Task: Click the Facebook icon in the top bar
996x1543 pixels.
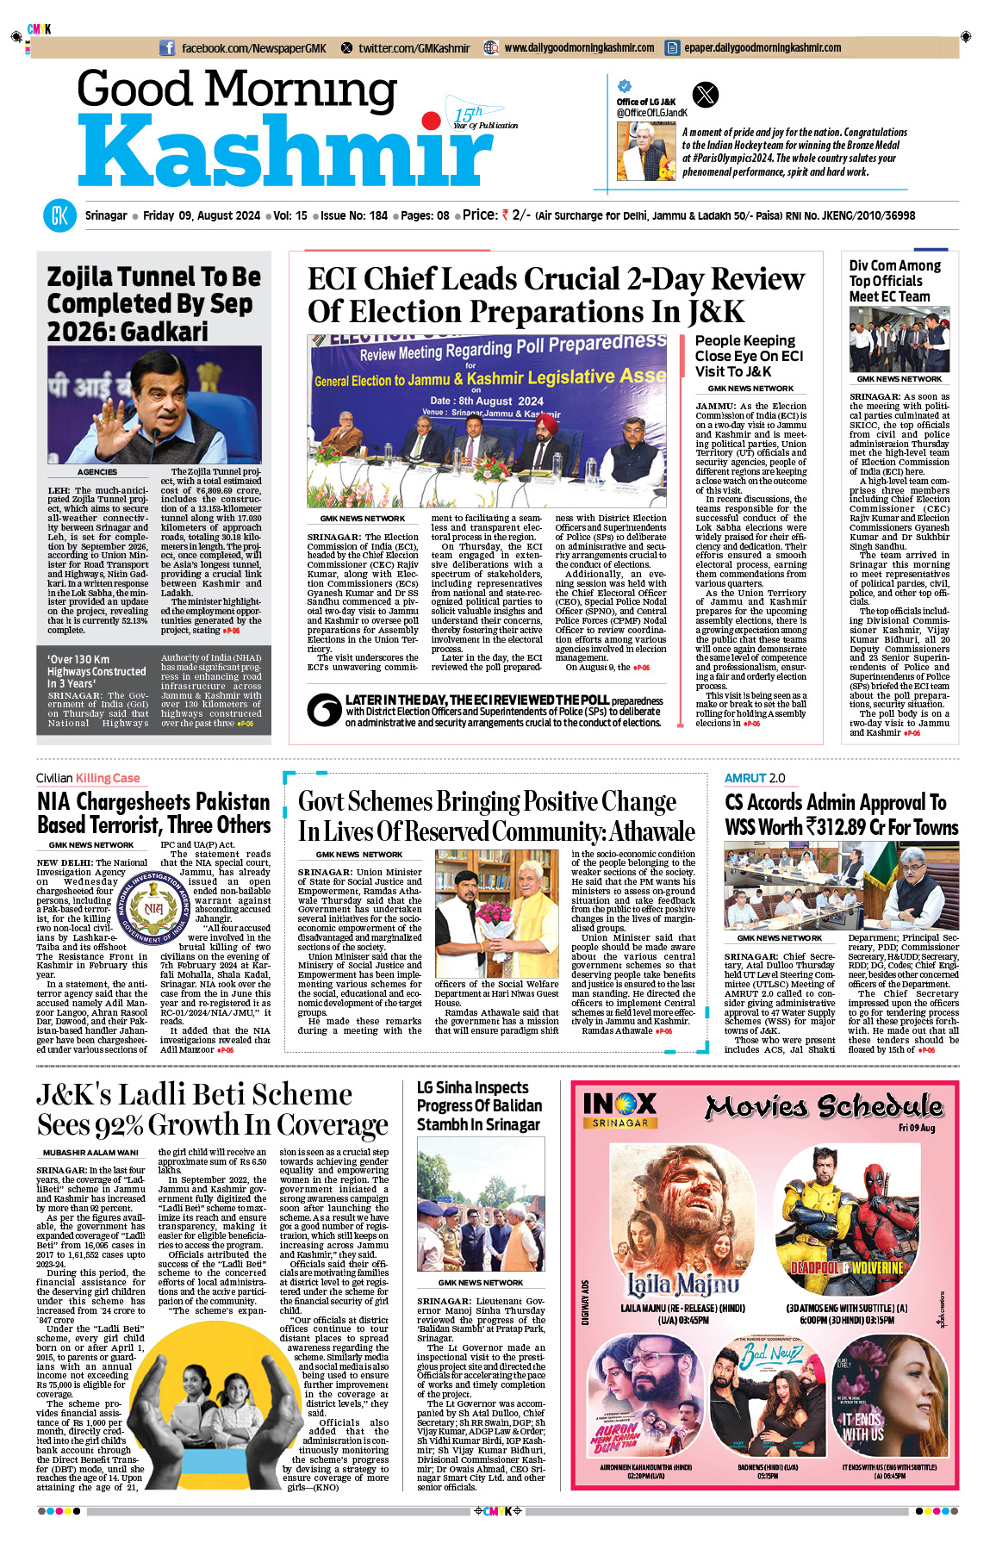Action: [167, 48]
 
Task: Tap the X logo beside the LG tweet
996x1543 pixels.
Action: [705, 94]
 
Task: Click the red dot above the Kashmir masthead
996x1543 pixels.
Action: [428, 120]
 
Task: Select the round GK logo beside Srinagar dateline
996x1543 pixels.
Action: [59, 215]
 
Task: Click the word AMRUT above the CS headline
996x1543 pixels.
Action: [745, 778]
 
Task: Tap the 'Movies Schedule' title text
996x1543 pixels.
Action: [823, 1106]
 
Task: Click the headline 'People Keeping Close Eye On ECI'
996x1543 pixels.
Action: [748, 356]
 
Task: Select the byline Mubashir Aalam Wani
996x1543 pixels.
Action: [90, 1153]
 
